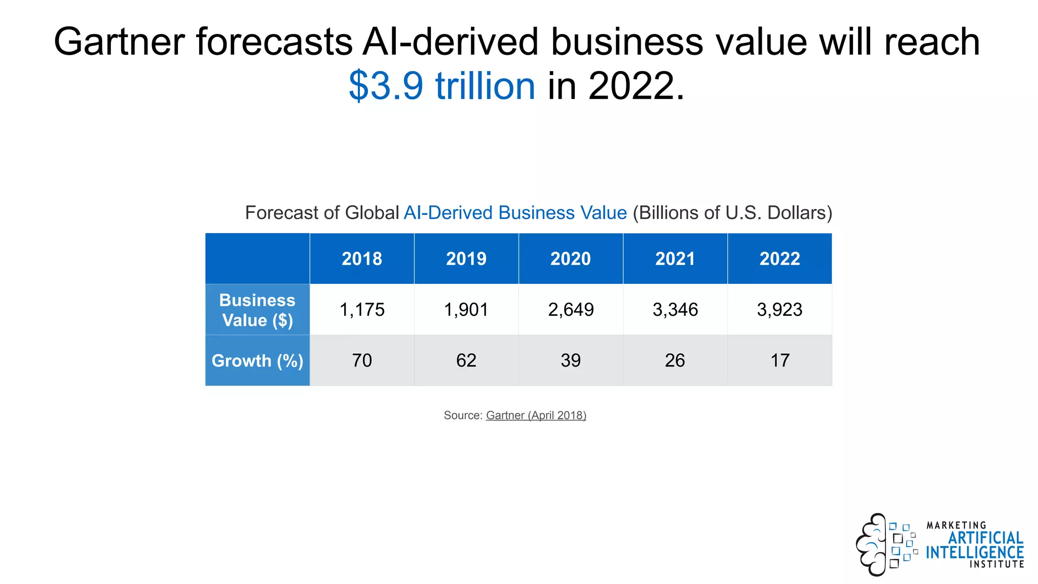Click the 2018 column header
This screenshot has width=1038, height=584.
click(x=362, y=259)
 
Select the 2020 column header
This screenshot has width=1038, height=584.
click(x=571, y=259)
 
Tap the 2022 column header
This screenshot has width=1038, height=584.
click(x=780, y=259)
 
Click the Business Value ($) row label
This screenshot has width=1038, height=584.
click(x=257, y=310)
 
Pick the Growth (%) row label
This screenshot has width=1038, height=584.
click(x=257, y=360)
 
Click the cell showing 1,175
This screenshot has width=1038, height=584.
click(x=362, y=310)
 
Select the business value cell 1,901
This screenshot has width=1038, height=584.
click(x=466, y=310)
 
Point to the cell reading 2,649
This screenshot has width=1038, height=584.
click(x=571, y=310)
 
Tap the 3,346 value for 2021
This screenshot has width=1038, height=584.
click(x=675, y=310)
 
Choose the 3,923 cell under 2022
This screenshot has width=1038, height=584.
click(x=780, y=310)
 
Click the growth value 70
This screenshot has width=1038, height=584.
click(x=362, y=360)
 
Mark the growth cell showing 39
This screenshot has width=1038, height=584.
click(x=571, y=360)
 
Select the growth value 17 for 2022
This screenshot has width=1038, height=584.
click(x=780, y=360)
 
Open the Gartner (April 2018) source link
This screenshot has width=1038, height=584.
click(x=536, y=415)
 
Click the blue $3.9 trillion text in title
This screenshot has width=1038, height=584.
click(x=441, y=86)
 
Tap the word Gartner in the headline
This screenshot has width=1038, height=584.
click(x=119, y=42)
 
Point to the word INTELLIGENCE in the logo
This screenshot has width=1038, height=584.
click(x=974, y=553)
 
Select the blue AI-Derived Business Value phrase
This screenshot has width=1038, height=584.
click(x=515, y=213)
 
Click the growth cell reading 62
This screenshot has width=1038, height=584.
click(x=466, y=360)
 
